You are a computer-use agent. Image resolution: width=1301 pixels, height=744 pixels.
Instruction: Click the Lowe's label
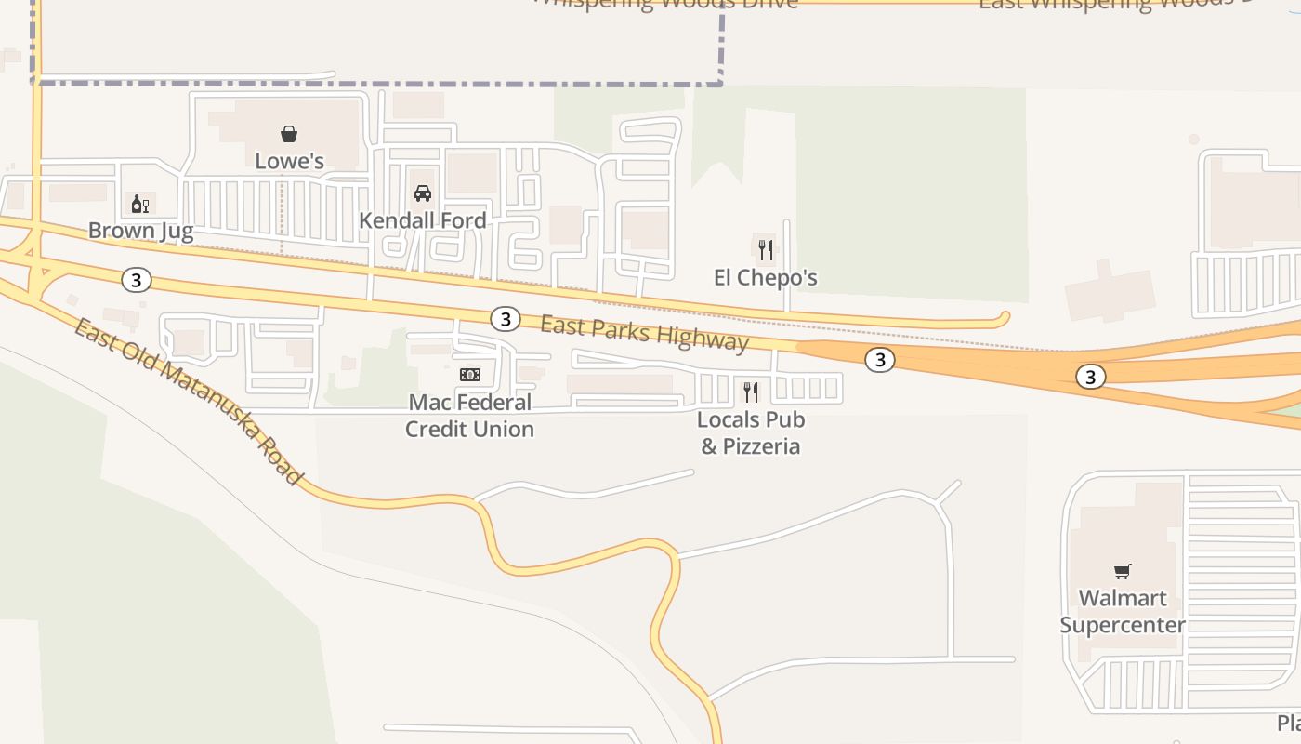click(x=289, y=161)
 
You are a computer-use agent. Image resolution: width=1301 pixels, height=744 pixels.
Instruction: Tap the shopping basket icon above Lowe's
click(x=289, y=135)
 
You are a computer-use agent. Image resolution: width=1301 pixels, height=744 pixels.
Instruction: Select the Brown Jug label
click(x=140, y=231)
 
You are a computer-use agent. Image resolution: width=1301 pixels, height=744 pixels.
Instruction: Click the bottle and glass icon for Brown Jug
click(x=140, y=205)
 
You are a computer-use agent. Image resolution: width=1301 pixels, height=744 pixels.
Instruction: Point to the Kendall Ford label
click(x=422, y=220)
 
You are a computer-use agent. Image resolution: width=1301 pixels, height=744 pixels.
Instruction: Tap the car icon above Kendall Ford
click(x=423, y=193)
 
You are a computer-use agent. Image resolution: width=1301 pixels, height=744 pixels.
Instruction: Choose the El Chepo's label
click(x=765, y=277)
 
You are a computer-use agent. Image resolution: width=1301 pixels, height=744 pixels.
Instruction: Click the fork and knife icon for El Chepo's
click(x=765, y=249)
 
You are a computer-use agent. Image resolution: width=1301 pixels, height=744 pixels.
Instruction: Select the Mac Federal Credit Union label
click(x=469, y=416)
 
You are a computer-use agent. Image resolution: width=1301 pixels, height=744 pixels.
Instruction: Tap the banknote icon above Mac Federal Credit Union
click(x=469, y=375)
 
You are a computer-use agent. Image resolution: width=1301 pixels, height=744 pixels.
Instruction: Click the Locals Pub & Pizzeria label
click(x=751, y=432)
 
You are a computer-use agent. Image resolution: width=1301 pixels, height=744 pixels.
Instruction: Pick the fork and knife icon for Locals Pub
click(x=751, y=392)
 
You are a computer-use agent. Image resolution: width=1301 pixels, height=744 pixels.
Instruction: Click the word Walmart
click(x=1123, y=598)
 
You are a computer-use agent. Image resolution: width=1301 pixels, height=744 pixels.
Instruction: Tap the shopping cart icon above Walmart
click(x=1123, y=571)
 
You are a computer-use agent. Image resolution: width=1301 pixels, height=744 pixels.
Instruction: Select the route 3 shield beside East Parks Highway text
click(x=505, y=319)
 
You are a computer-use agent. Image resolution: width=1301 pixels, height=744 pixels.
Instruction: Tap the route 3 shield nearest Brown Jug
click(x=137, y=279)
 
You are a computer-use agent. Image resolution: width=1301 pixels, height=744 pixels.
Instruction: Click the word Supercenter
click(x=1123, y=625)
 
